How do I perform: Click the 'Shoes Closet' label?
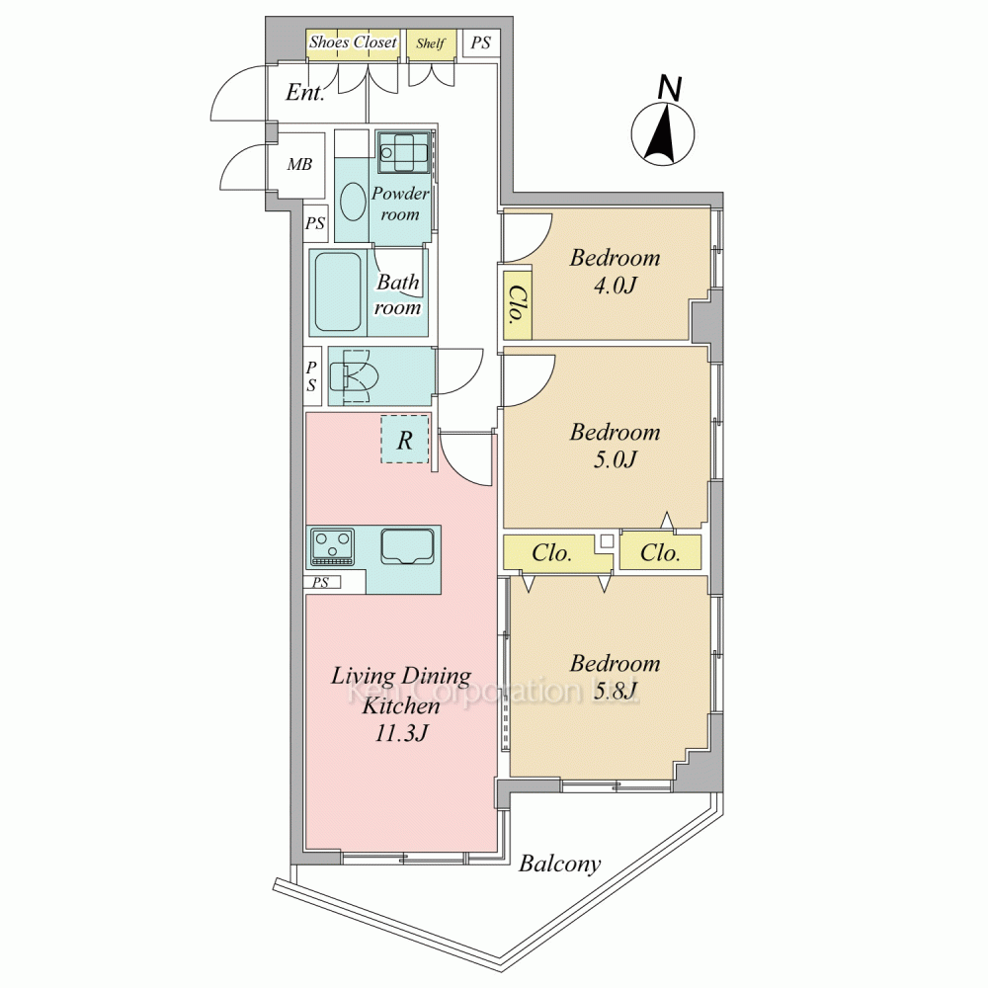point(353,42)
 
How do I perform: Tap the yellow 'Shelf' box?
point(431,45)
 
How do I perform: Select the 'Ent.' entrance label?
point(305,92)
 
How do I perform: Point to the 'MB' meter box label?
point(299,164)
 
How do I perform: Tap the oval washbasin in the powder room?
point(353,201)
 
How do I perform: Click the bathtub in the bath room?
point(338,292)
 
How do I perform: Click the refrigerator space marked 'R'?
point(404,440)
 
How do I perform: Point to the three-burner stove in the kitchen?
point(332,547)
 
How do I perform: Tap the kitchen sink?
point(408,545)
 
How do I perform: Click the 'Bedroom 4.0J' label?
point(615,272)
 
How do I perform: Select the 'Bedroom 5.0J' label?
point(615,446)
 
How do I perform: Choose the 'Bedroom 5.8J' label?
point(615,677)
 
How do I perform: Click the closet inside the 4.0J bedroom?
point(518,304)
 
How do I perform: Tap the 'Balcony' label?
point(559,864)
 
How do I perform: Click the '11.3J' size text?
point(401,733)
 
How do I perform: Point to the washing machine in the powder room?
point(404,152)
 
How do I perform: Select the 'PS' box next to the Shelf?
point(481,43)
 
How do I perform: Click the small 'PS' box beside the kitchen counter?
point(321,583)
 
